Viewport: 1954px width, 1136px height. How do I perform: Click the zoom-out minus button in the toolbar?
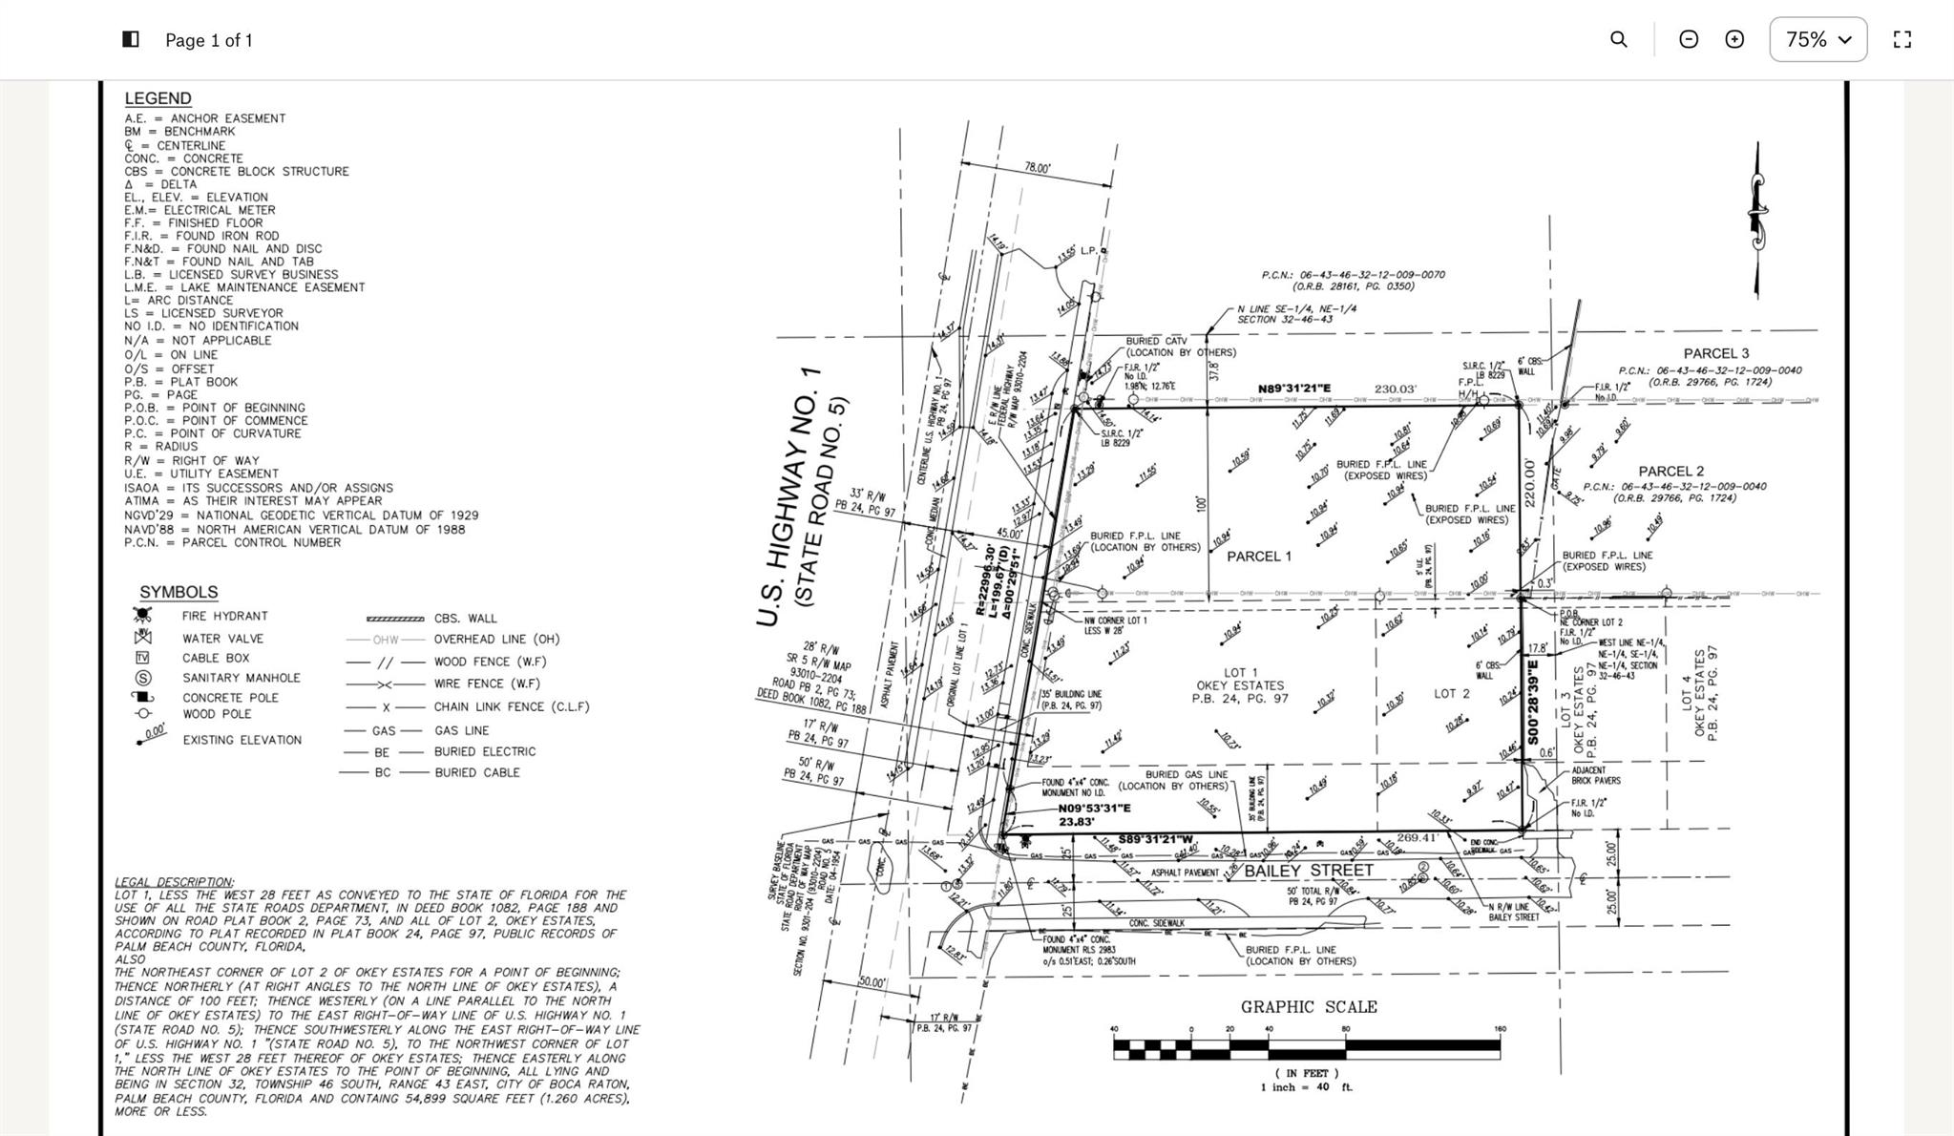tap(1688, 39)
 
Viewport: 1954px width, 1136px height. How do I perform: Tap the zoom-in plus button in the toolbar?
tap(1734, 39)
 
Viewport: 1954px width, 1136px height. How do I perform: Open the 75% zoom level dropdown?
tap(1817, 39)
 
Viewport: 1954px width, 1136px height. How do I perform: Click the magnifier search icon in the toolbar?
tap(1618, 39)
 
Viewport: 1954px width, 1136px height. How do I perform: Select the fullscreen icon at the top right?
tap(1901, 39)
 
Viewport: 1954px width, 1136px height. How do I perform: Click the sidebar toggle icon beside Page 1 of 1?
tap(131, 39)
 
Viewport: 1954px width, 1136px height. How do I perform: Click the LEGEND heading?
tap(158, 98)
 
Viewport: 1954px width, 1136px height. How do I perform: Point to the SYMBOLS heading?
tap(179, 592)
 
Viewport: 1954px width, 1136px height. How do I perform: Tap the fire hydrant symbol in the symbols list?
tap(143, 616)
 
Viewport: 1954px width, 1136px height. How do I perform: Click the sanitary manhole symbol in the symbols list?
tap(143, 678)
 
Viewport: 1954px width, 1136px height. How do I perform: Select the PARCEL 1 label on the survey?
tap(1258, 557)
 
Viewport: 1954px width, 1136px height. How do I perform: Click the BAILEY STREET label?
tap(1308, 871)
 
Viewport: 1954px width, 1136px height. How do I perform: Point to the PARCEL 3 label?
tap(1715, 354)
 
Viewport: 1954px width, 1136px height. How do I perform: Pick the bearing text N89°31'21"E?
tap(1293, 389)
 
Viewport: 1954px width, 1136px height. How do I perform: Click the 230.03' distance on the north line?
tap(1395, 389)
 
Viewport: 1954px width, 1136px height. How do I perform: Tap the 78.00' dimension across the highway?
tap(1037, 168)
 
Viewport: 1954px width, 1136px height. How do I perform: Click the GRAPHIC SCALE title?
tap(1308, 1007)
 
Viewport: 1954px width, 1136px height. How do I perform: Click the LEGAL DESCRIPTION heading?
tap(174, 882)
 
